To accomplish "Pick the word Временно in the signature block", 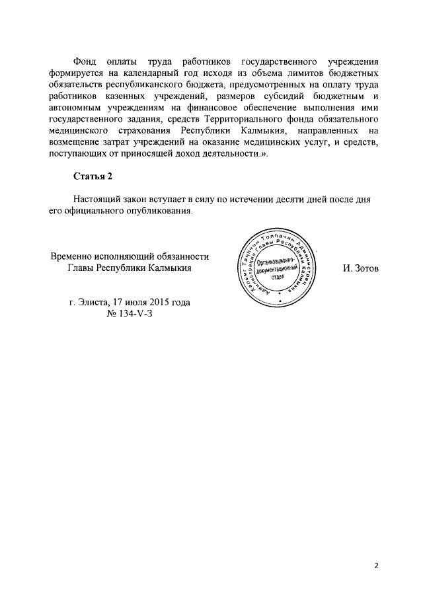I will tap(74, 256).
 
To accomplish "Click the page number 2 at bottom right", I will tap(375, 565).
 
